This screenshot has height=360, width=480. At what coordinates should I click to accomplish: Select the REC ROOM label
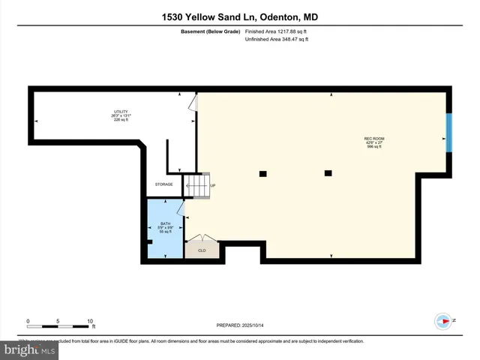(x=374, y=139)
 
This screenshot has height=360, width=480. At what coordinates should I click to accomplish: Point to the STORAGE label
(x=163, y=184)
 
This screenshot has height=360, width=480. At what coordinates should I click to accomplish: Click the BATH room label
(x=166, y=224)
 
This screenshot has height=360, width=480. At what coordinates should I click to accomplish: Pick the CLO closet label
(x=202, y=250)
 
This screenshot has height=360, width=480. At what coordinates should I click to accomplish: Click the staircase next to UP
(x=197, y=185)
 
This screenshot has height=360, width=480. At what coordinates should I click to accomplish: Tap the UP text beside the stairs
(x=213, y=186)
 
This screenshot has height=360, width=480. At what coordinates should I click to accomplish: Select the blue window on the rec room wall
(x=448, y=132)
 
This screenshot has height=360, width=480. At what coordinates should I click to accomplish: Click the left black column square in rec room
(x=262, y=174)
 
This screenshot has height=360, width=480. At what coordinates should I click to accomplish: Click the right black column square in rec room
(x=328, y=173)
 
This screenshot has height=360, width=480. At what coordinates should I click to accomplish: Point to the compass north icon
(x=444, y=320)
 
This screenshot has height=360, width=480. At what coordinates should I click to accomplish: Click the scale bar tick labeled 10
(x=91, y=321)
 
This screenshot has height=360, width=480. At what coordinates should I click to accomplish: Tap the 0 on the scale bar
(x=28, y=321)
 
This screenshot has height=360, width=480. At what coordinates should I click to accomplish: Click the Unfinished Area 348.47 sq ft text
(x=277, y=39)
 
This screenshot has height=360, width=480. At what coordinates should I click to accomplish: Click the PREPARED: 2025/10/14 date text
(x=239, y=325)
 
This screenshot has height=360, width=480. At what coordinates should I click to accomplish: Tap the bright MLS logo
(x=30, y=349)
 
